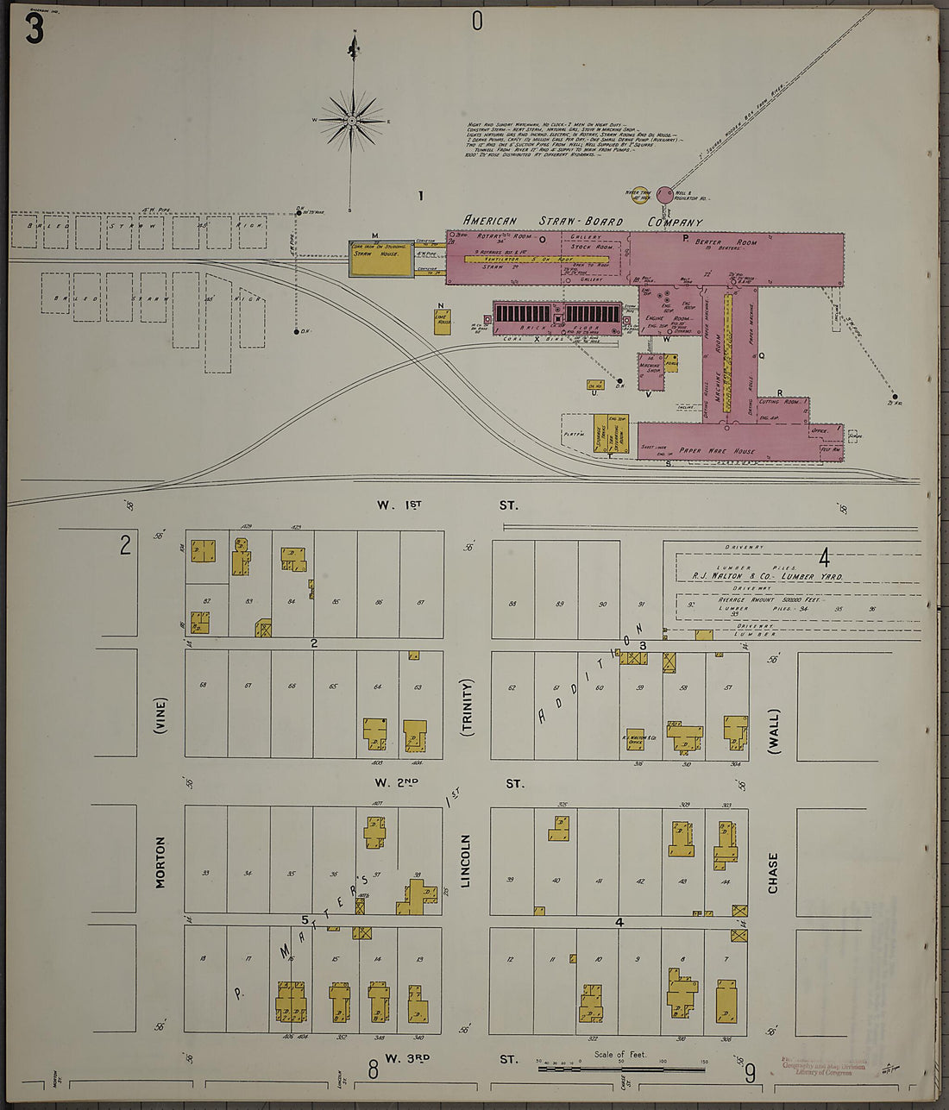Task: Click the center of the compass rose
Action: point(352,120)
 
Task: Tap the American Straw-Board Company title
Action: point(582,221)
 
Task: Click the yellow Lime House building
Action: point(443,321)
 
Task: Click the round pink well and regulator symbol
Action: point(664,195)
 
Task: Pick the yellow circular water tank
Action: point(640,197)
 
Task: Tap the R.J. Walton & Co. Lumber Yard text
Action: point(767,575)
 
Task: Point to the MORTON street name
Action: point(160,862)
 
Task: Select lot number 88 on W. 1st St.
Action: point(512,604)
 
